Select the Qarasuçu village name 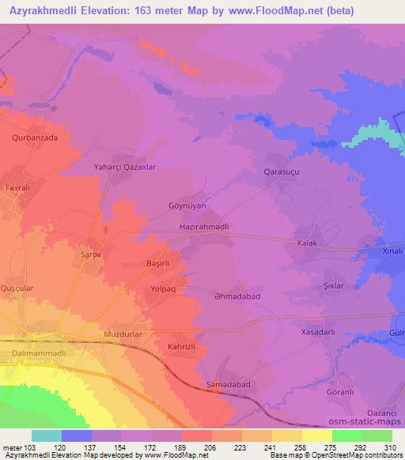point(282,171)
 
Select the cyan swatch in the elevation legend point(47,435)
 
